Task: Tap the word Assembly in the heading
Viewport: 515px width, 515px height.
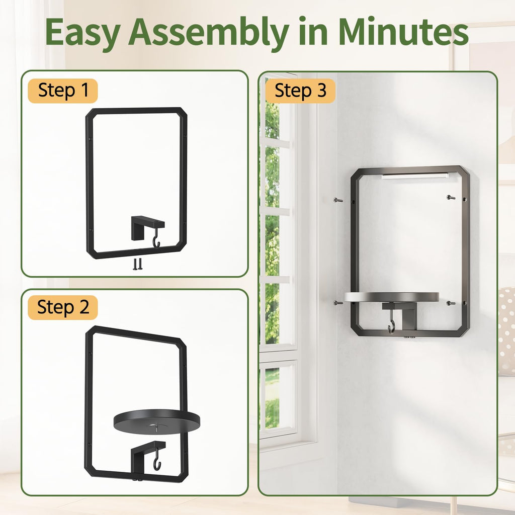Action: point(208,33)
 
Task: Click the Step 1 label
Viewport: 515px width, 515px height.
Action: point(63,90)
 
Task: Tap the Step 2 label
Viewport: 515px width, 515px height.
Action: point(63,307)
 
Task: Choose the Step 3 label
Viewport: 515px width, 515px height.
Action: point(300,91)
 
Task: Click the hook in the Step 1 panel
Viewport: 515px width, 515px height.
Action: point(157,238)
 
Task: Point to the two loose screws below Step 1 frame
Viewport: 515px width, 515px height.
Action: point(138,264)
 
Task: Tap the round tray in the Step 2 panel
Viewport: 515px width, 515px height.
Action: point(157,422)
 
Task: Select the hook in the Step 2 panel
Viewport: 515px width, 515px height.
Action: point(157,459)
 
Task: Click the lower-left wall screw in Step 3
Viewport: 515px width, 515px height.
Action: point(338,302)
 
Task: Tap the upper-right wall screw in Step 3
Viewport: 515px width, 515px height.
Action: point(451,197)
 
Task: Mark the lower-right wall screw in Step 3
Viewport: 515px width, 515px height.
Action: point(451,303)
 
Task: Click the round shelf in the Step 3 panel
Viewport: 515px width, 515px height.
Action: point(391,297)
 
